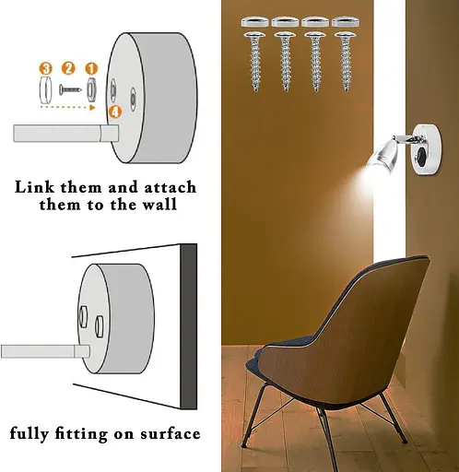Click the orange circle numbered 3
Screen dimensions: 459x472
[45, 68]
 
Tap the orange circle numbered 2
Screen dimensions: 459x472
[68, 68]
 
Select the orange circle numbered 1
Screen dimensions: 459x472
[91, 68]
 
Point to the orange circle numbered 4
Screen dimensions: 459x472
[114, 112]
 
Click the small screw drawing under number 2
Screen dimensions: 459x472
[71, 89]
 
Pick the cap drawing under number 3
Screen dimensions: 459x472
[45, 90]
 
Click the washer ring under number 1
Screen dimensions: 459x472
[91, 89]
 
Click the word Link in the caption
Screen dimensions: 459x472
[34, 187]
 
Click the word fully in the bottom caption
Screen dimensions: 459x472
[29, 434]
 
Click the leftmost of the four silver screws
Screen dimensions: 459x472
[255, 62]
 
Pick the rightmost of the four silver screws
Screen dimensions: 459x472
[346, 62]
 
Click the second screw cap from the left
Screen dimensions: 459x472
[285, 22]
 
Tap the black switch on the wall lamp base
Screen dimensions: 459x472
[422, 153]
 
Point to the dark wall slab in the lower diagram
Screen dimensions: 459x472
[189, 326]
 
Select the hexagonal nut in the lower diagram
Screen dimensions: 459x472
[83, 316]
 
